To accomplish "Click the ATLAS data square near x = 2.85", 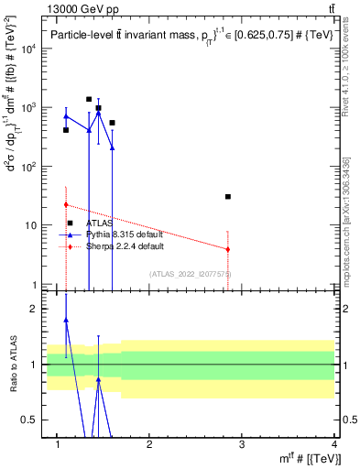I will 228,197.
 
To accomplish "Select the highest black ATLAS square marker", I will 89,99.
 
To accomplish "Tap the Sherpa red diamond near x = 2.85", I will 228,249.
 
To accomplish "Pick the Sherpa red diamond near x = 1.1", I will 66,205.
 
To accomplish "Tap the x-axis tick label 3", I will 241,444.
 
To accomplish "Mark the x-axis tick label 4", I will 334,444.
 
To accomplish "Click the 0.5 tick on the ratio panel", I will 28,420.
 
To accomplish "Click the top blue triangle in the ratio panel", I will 66,321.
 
